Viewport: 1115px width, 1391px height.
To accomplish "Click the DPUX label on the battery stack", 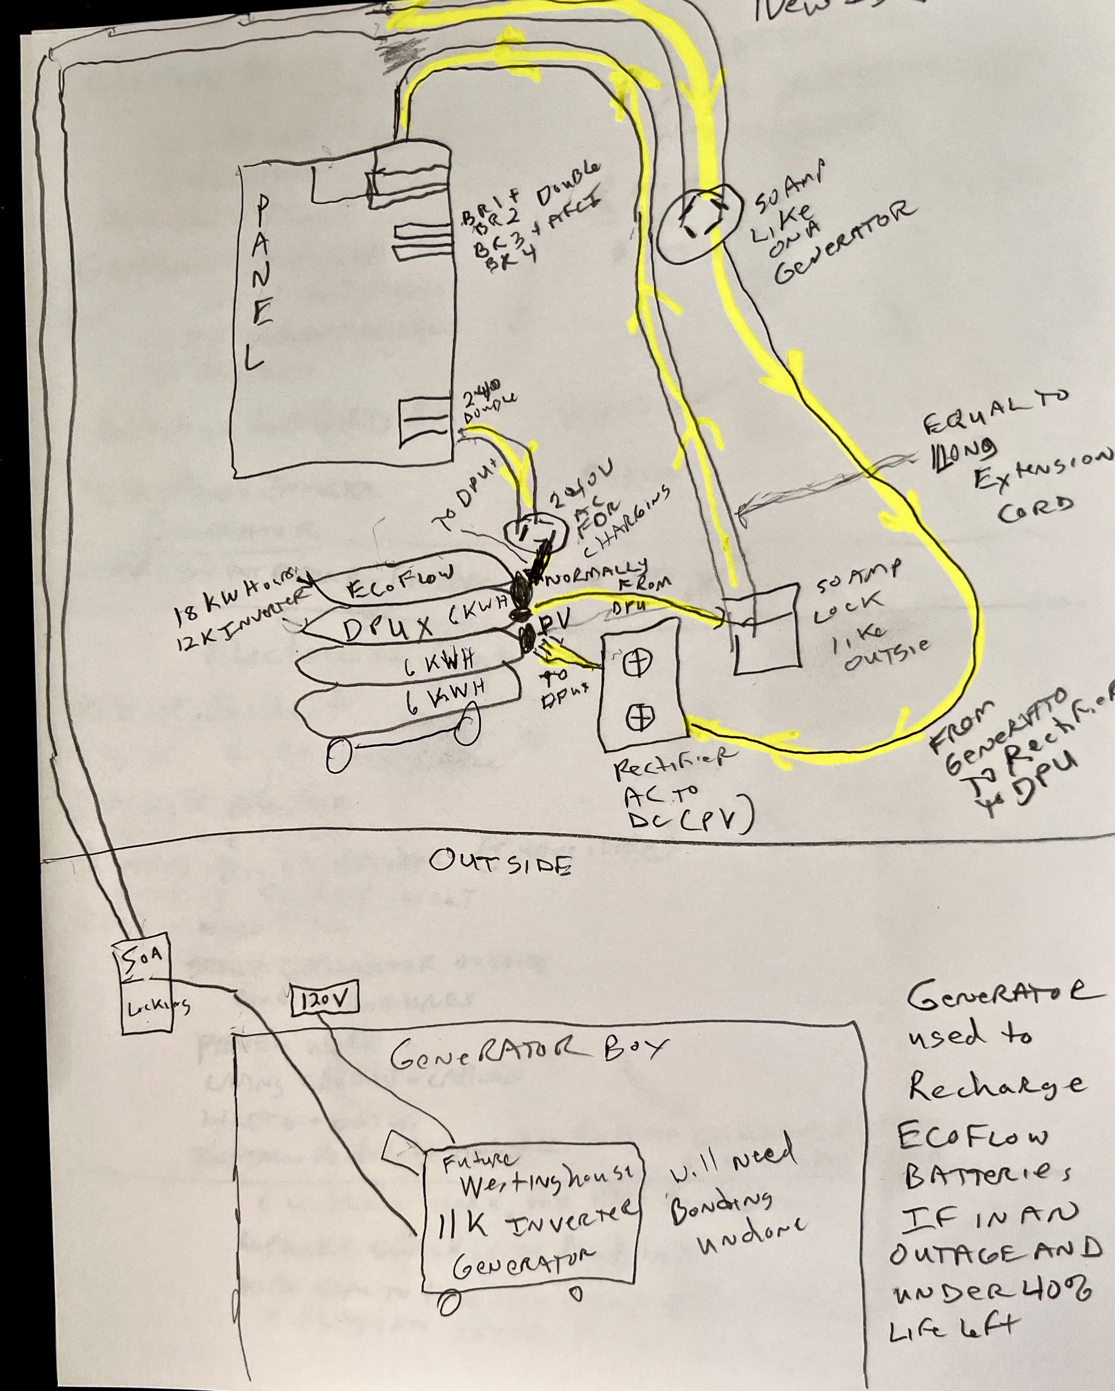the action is [x=387, y=628].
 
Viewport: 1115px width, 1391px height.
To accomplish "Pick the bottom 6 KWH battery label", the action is [x=446, y=700].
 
